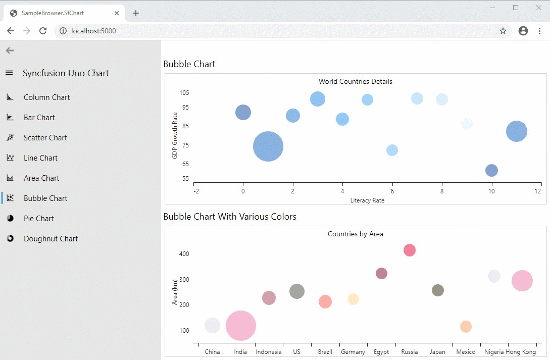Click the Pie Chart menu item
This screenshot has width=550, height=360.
coord(38,219)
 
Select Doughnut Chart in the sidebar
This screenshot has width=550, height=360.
coord(51,239)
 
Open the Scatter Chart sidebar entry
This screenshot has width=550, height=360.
coord(45,138)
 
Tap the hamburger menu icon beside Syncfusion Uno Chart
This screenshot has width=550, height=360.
coord(9,73)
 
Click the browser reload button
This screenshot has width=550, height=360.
coord(43,31)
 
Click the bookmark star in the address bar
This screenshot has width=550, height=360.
coord(503,31)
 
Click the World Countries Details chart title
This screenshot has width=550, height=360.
coord(355,81)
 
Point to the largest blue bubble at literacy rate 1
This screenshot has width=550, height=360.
coord(268,146)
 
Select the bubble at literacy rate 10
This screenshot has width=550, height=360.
coord(491,170)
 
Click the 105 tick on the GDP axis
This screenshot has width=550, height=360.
coord(184,92)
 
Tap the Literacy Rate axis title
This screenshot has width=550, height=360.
coord(367,200)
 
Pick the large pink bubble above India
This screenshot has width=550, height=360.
coord(241,326)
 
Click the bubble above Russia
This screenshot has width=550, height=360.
coord(410,250)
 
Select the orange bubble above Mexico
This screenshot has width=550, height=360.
coord(466,327)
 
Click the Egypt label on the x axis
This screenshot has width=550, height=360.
coord(381,352)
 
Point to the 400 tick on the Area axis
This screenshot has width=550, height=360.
coord(184,253)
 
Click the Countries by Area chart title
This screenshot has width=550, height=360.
coord(355,234)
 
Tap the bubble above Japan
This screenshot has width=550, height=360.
coord(438,290)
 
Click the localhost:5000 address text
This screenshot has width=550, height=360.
coord(93,31)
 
